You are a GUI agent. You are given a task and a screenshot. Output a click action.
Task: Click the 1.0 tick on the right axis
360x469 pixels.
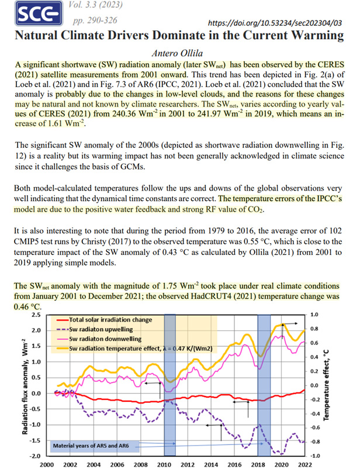pos(314,315)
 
